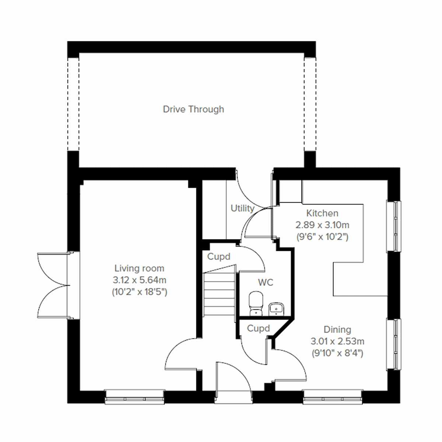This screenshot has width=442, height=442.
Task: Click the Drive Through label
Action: point(193,109)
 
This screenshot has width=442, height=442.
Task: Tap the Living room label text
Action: point(139,268)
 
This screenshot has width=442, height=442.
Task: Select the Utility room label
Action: point(242,208)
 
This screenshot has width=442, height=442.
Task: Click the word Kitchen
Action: point(322,213)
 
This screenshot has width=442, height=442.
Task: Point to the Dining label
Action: point(337,329)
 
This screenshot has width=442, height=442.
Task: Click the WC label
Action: point(266,283)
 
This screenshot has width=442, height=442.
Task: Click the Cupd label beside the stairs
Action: point(218,257)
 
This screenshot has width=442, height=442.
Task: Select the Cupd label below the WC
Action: point(258,328)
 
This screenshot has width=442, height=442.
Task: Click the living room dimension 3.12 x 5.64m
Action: point(139,280)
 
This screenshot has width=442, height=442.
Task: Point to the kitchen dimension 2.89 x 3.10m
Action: point(322,225)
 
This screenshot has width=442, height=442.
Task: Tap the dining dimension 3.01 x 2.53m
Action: point(337,341)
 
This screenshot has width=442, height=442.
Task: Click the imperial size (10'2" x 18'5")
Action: point(139,292)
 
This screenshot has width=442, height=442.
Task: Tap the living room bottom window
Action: point(134,398)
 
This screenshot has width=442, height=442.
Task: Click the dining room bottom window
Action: point(333,398)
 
